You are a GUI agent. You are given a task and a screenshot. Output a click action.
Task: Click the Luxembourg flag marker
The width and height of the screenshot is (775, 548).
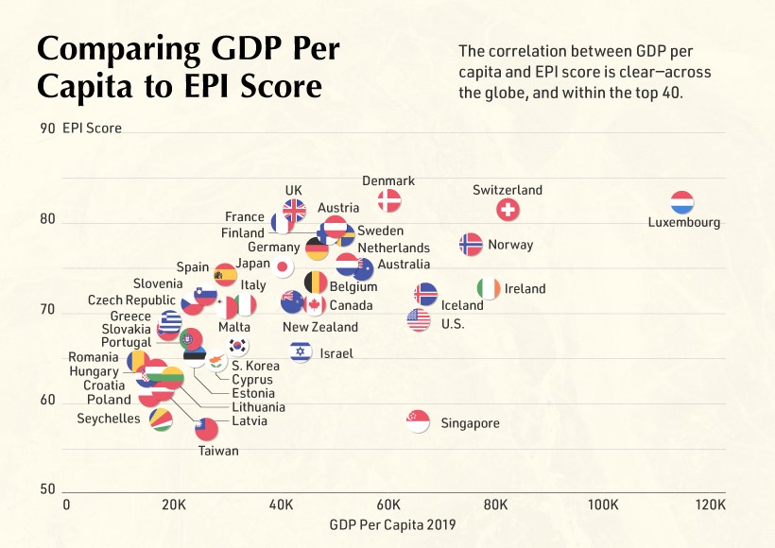[682, 203]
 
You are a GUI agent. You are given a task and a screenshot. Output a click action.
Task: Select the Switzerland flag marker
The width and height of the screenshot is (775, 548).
[508, 210]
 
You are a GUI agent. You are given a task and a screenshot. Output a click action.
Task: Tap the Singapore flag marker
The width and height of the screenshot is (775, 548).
[418, 421]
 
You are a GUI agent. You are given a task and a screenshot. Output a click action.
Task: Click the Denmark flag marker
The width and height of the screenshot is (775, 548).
[389, 200]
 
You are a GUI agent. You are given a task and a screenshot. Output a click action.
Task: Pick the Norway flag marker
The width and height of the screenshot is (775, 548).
[471, 244]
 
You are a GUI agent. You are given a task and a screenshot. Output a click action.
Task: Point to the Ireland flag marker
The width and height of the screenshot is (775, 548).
[488, 288]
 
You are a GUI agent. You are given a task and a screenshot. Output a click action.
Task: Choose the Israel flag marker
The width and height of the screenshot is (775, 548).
[301, 352]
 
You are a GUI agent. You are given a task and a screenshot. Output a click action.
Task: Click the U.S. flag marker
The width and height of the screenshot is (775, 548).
[419, 320]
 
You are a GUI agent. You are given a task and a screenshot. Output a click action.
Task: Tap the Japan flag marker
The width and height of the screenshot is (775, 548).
[282, 266]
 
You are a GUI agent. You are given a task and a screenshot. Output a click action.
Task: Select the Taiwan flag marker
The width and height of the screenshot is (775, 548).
[206, 429]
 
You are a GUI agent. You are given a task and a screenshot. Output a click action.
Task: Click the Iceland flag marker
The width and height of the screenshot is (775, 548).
[426, 294]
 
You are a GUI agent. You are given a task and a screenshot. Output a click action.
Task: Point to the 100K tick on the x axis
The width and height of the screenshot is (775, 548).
[603, 505]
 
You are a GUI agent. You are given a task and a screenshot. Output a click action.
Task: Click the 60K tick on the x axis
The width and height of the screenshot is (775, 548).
[388, 505]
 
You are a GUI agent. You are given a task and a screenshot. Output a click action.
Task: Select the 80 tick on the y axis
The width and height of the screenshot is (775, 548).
[46, 219]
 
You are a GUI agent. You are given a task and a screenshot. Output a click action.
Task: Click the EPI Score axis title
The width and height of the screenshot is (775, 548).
[92, 128]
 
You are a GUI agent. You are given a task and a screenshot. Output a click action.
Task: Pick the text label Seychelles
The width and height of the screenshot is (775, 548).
[109, 419]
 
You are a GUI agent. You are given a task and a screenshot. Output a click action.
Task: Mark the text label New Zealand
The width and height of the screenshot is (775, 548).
[320, 327]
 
